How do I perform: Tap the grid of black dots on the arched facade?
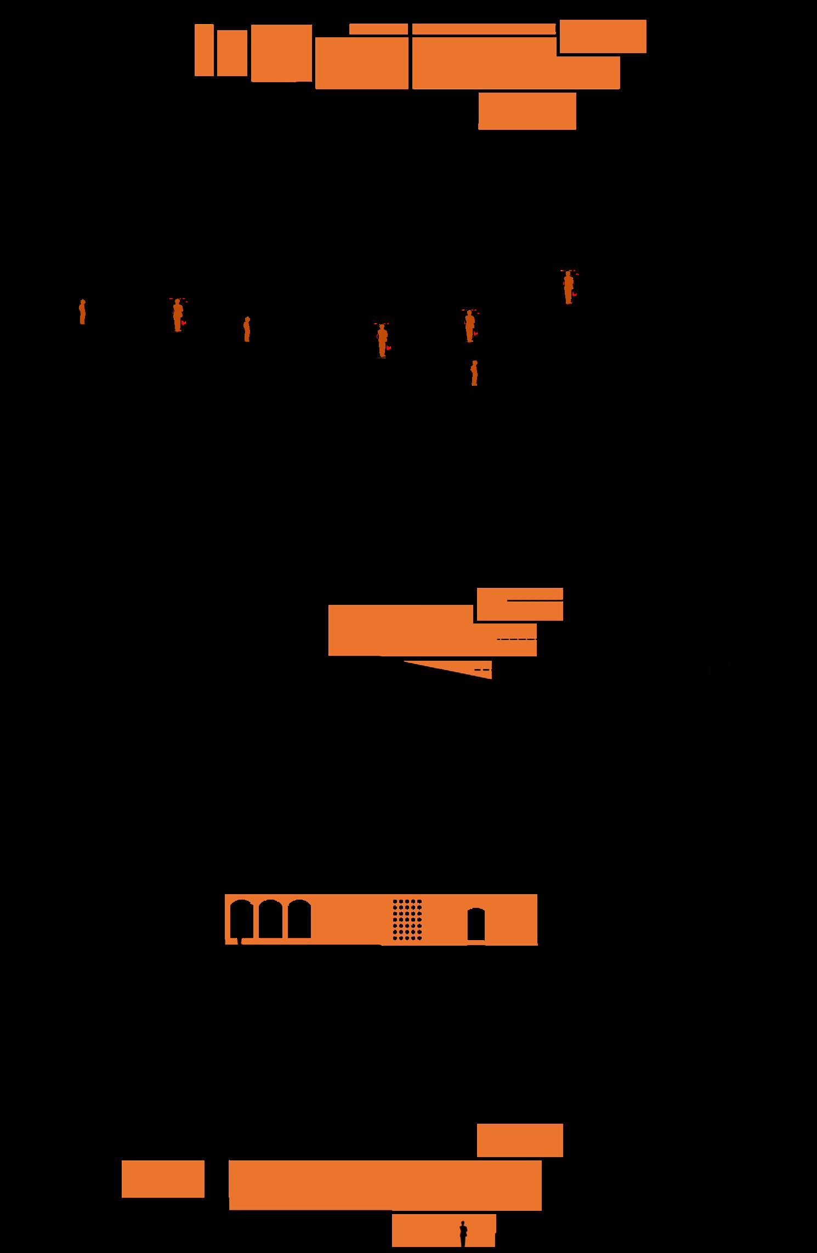click(x=407, y=918)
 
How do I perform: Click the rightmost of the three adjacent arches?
click(x=299, y=919)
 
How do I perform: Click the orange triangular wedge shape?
click(x=461, y=669)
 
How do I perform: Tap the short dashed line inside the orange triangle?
click(x=483, y=670)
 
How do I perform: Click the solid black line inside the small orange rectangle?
click(x=535, y=601)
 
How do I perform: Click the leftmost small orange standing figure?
click(x=82, y=312)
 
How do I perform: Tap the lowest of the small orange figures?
click(x=474, y=373)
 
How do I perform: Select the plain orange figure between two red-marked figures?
click(x=247, y=329)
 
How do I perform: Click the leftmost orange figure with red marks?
click(x=178, y=315)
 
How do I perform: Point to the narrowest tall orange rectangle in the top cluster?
click(x=204, y=50)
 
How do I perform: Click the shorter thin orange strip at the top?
click(x=378, y=29)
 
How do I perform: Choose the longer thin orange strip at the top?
click(x=484, y=29)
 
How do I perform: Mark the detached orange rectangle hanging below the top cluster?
click(x=527, y=111)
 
